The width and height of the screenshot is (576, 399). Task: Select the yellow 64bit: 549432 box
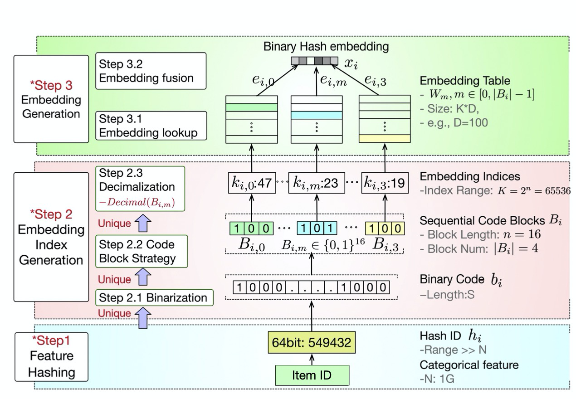point(311,342)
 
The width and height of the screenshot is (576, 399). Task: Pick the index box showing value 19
point(384,184)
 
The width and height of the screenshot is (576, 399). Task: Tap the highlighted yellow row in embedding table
point(385,139)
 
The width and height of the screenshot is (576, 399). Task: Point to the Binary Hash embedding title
point(326,46)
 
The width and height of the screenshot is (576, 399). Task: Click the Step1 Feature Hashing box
point(45,356)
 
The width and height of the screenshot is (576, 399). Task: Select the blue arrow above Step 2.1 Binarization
point(144,312)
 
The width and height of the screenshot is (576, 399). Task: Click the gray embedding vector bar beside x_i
point(314,61)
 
